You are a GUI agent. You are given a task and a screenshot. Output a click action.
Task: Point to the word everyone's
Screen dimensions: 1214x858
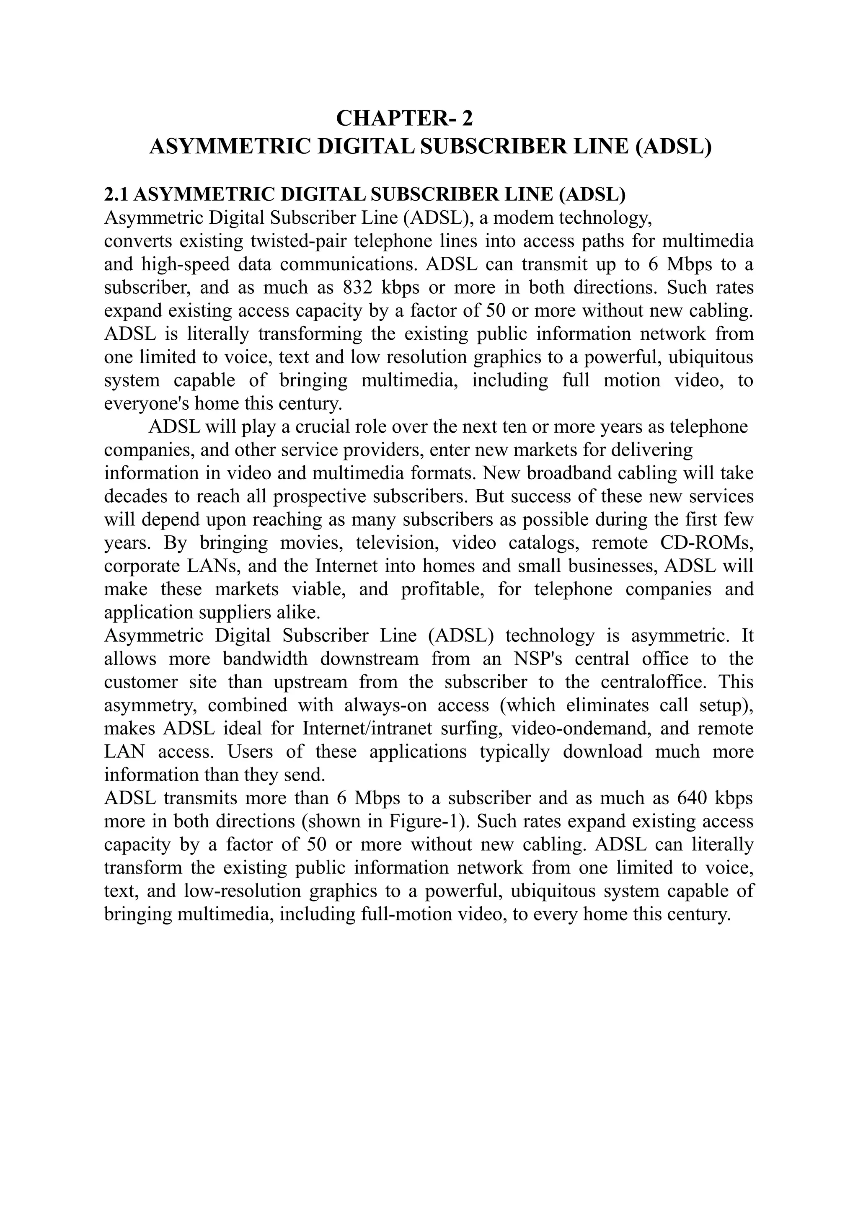[x=147, y=403]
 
